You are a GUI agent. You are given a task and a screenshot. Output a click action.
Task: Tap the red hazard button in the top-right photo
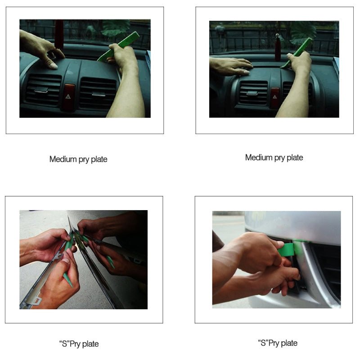pos(274,95)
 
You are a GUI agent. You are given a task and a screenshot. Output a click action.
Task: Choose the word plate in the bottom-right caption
pos(288,343)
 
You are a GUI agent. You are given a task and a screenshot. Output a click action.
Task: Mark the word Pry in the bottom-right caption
pos(273,343)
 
